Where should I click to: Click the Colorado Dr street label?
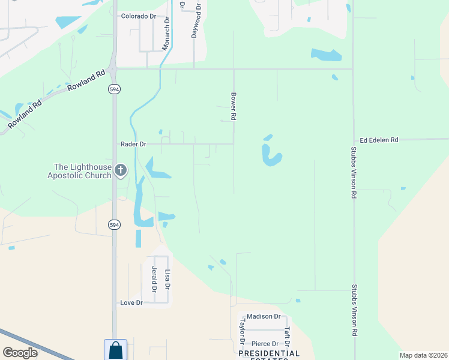(138, 16)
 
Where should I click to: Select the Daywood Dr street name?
(195, 19)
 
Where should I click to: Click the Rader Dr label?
(133, 144)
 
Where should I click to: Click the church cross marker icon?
(121, 171)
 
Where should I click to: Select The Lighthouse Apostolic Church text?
(83, 171)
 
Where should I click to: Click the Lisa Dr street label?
(167, 278)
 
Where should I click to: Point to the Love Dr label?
(131, 303)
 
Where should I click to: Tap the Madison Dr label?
(264, 316)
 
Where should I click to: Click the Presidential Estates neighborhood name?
(269, 354)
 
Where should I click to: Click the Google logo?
(20, 353)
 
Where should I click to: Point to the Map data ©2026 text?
(423, 355)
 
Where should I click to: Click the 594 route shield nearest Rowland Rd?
(113, 89)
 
